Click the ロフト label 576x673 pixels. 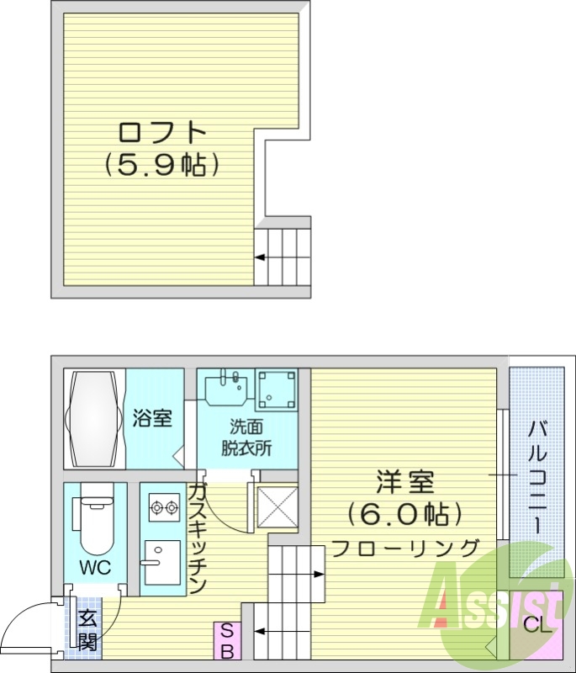(x=162, y=134)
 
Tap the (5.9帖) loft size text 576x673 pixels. (x=162, y=165)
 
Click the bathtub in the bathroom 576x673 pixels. (x=94, y=418)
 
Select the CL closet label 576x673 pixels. (x=537, y=625)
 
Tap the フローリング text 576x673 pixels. (x=405, y=548)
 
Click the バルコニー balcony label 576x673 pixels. (x=536, y=476)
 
